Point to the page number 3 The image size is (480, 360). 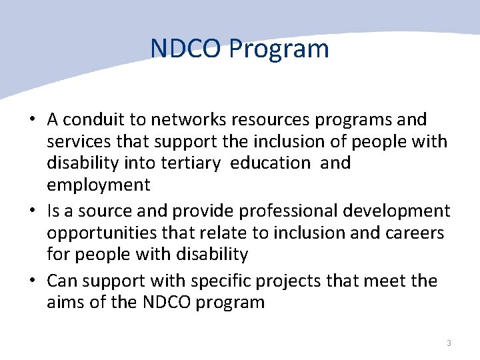[449, 343]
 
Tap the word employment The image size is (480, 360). [99, 185]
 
